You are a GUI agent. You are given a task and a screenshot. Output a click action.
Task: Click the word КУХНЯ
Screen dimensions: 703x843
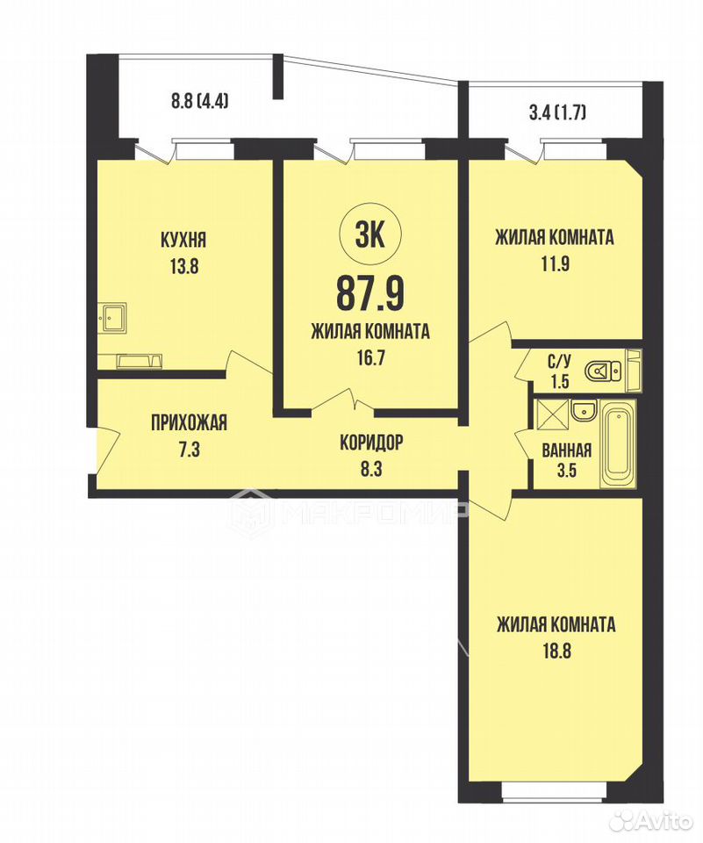pos(183,240)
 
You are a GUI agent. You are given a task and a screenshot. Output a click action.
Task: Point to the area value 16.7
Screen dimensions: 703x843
pos(370,357)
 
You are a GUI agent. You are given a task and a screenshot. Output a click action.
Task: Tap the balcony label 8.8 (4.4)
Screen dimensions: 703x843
pos(200,101)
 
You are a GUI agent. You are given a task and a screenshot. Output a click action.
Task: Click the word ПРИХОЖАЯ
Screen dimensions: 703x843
pos(189,422)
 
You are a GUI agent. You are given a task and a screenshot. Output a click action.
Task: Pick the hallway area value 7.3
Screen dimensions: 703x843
pos(189,449)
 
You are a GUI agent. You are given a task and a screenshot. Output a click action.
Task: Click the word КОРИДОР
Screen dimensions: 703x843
pos(371,443)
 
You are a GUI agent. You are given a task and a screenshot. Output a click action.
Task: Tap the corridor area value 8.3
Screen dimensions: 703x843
pos(371,469)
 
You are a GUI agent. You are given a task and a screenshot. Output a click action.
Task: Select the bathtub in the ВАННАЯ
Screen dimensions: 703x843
pos(618,444)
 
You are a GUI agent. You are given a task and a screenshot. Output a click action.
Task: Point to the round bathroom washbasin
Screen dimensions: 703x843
pos(584,411)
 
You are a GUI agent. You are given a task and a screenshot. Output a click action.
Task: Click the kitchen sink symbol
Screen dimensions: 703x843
pos(113,320)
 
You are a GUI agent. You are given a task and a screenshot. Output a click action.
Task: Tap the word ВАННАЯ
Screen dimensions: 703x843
pos(567,450)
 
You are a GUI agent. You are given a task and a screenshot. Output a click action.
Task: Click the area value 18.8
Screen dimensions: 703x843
pos(556,652)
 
